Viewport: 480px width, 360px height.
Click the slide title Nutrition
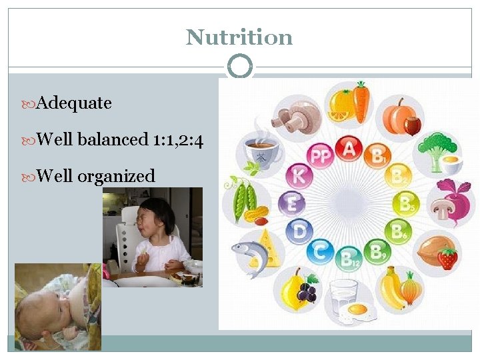pos(239,37)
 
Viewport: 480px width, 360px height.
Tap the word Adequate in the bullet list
pos(74,103)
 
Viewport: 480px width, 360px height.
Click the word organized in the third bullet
pos(116,176)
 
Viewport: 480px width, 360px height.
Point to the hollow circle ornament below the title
pos(240,67)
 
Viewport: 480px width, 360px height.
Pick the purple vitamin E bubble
pos(291,203)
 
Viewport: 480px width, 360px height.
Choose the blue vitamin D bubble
pos(298,231)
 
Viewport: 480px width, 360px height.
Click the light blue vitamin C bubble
pos(319,251)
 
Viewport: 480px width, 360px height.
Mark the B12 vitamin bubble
pos(347,259)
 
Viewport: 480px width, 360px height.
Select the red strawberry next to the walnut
pos(447,257)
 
